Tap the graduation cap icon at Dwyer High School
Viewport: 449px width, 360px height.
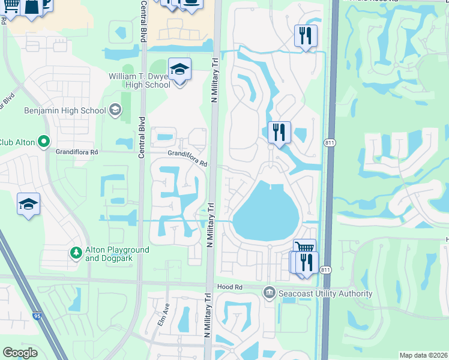[179, 70]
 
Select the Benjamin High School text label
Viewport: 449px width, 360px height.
[64, 110]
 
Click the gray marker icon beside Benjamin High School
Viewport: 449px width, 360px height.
[115, 110]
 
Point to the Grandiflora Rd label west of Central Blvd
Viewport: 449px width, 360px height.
[76, 152]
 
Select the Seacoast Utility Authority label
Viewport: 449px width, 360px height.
[325, 293]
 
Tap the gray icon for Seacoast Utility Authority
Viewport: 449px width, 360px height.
[269, 293]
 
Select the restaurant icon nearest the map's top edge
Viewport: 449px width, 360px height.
[306, 36]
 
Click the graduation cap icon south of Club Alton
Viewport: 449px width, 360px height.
[28, 204]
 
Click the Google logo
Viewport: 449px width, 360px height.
[20, 353]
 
